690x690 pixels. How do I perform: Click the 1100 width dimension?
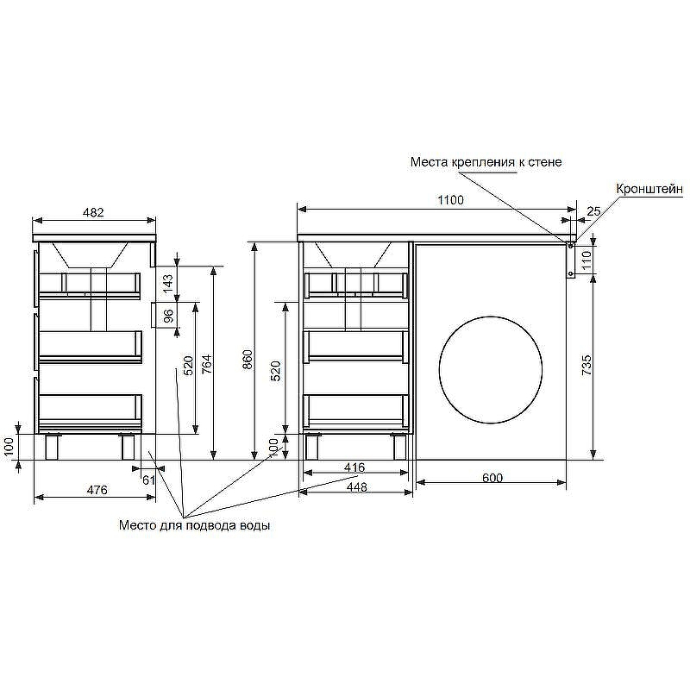coord(450,200)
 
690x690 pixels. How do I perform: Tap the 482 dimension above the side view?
coord(93,212)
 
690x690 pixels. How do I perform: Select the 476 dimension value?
coord(97,490)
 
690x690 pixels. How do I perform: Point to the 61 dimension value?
coord(148,480)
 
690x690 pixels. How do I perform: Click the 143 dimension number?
coord(168,279)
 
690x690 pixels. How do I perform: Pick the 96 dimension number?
coord(168,316)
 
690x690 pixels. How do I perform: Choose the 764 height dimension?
coord(206,364)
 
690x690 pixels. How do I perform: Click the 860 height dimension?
coord(248,360)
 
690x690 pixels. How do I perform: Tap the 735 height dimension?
coord(586,365)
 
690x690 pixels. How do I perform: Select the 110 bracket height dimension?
coord(586,260)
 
